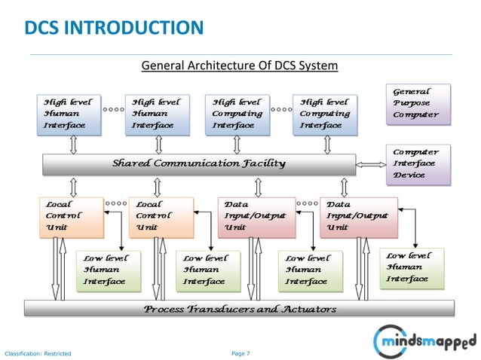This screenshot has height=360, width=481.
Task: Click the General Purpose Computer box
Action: pyautogui.click(x=418, y=104)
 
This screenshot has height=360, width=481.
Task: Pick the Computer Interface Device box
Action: pyautogui.click(x=418, y=164)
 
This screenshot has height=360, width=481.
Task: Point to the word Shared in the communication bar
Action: pyautogui.click(x=133, y=163)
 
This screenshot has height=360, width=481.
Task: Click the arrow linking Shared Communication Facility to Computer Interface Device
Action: pyautogui.click(x=370, y=163)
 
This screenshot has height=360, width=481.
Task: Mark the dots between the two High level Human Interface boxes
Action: pyautogui.click(x=114, y=110)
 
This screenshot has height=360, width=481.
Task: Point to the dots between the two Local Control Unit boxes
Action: pyautogui.click(x=115, y=203)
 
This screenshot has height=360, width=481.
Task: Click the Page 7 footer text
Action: pyautogui.click(x=240, y=351)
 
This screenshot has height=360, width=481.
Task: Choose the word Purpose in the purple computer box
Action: pyautogui.click(x=412, y=104)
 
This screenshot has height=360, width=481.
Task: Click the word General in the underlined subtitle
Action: pyautogui.click(x=161, y=67)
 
